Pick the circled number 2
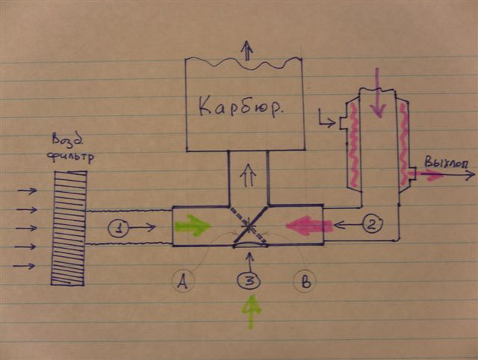coord(373,223)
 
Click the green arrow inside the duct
coord(193,225)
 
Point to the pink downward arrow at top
coord(378,93)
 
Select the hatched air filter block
coord(69,227)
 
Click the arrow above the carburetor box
coord(246,51)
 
